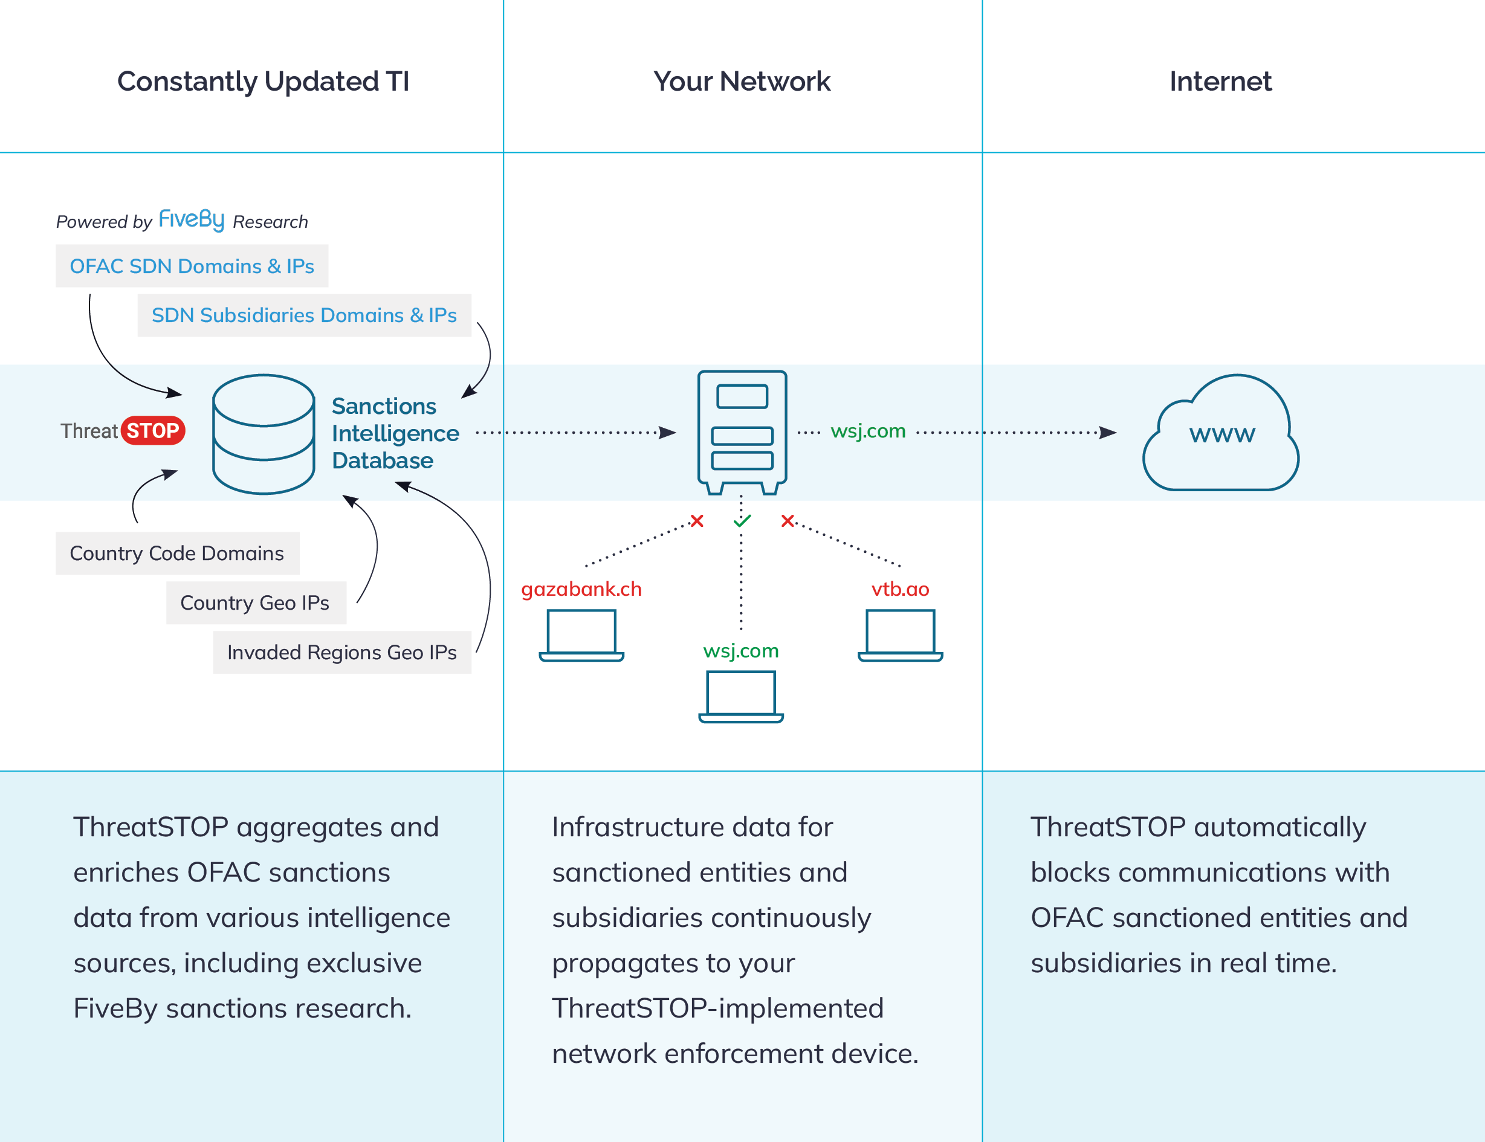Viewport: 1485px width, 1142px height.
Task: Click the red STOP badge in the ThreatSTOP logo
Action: pyautogui.click(x=153, y=430)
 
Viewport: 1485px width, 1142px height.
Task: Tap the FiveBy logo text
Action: pyautogui.click(x=191, y=219)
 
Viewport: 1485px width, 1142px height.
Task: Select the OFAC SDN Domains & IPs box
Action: pyautogui.click(x=192, y=266)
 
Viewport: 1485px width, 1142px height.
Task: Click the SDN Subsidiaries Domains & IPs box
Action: pyautogui.click(x=304, y=315)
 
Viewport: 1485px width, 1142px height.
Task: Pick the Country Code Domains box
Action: pyautogui.click(x=176, y=553)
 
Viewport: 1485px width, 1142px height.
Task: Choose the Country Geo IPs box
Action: pyautogui.click(x=256, y=603)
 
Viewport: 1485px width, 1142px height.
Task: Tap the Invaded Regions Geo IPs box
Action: pyautogui.click(x=342, y=653)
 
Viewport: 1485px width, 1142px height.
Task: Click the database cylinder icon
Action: pyautogui.click(x=263, y=434)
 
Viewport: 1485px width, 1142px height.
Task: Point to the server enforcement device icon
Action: pyautogui.click(x=742, y=431)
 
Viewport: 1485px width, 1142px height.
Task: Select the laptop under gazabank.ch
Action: pyautogui.click(x=581, y=635)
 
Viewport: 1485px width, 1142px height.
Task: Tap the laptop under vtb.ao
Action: pyautogui.click(x=901, y=635)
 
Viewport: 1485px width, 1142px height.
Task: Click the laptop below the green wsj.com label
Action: pyautogui.click(x=741, y=696)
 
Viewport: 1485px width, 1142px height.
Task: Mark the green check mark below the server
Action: pyautogui.click(x=742, y=521)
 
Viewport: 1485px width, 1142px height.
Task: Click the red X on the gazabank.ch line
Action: pyautogui.click(x=697, y=521)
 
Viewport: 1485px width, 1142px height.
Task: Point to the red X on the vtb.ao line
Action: pyautogui.click(x=788, y=521)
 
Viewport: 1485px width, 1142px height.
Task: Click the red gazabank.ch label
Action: pyautogui.click(x=581, y=589)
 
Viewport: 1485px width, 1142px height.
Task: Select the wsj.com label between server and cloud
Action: pyautogui.click(x=869, y=431)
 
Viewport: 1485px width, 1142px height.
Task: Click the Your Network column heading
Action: pyautogui.click(x=742, y=82)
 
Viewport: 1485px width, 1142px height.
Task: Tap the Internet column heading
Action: pyautogui.click(x=1220, y=82)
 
